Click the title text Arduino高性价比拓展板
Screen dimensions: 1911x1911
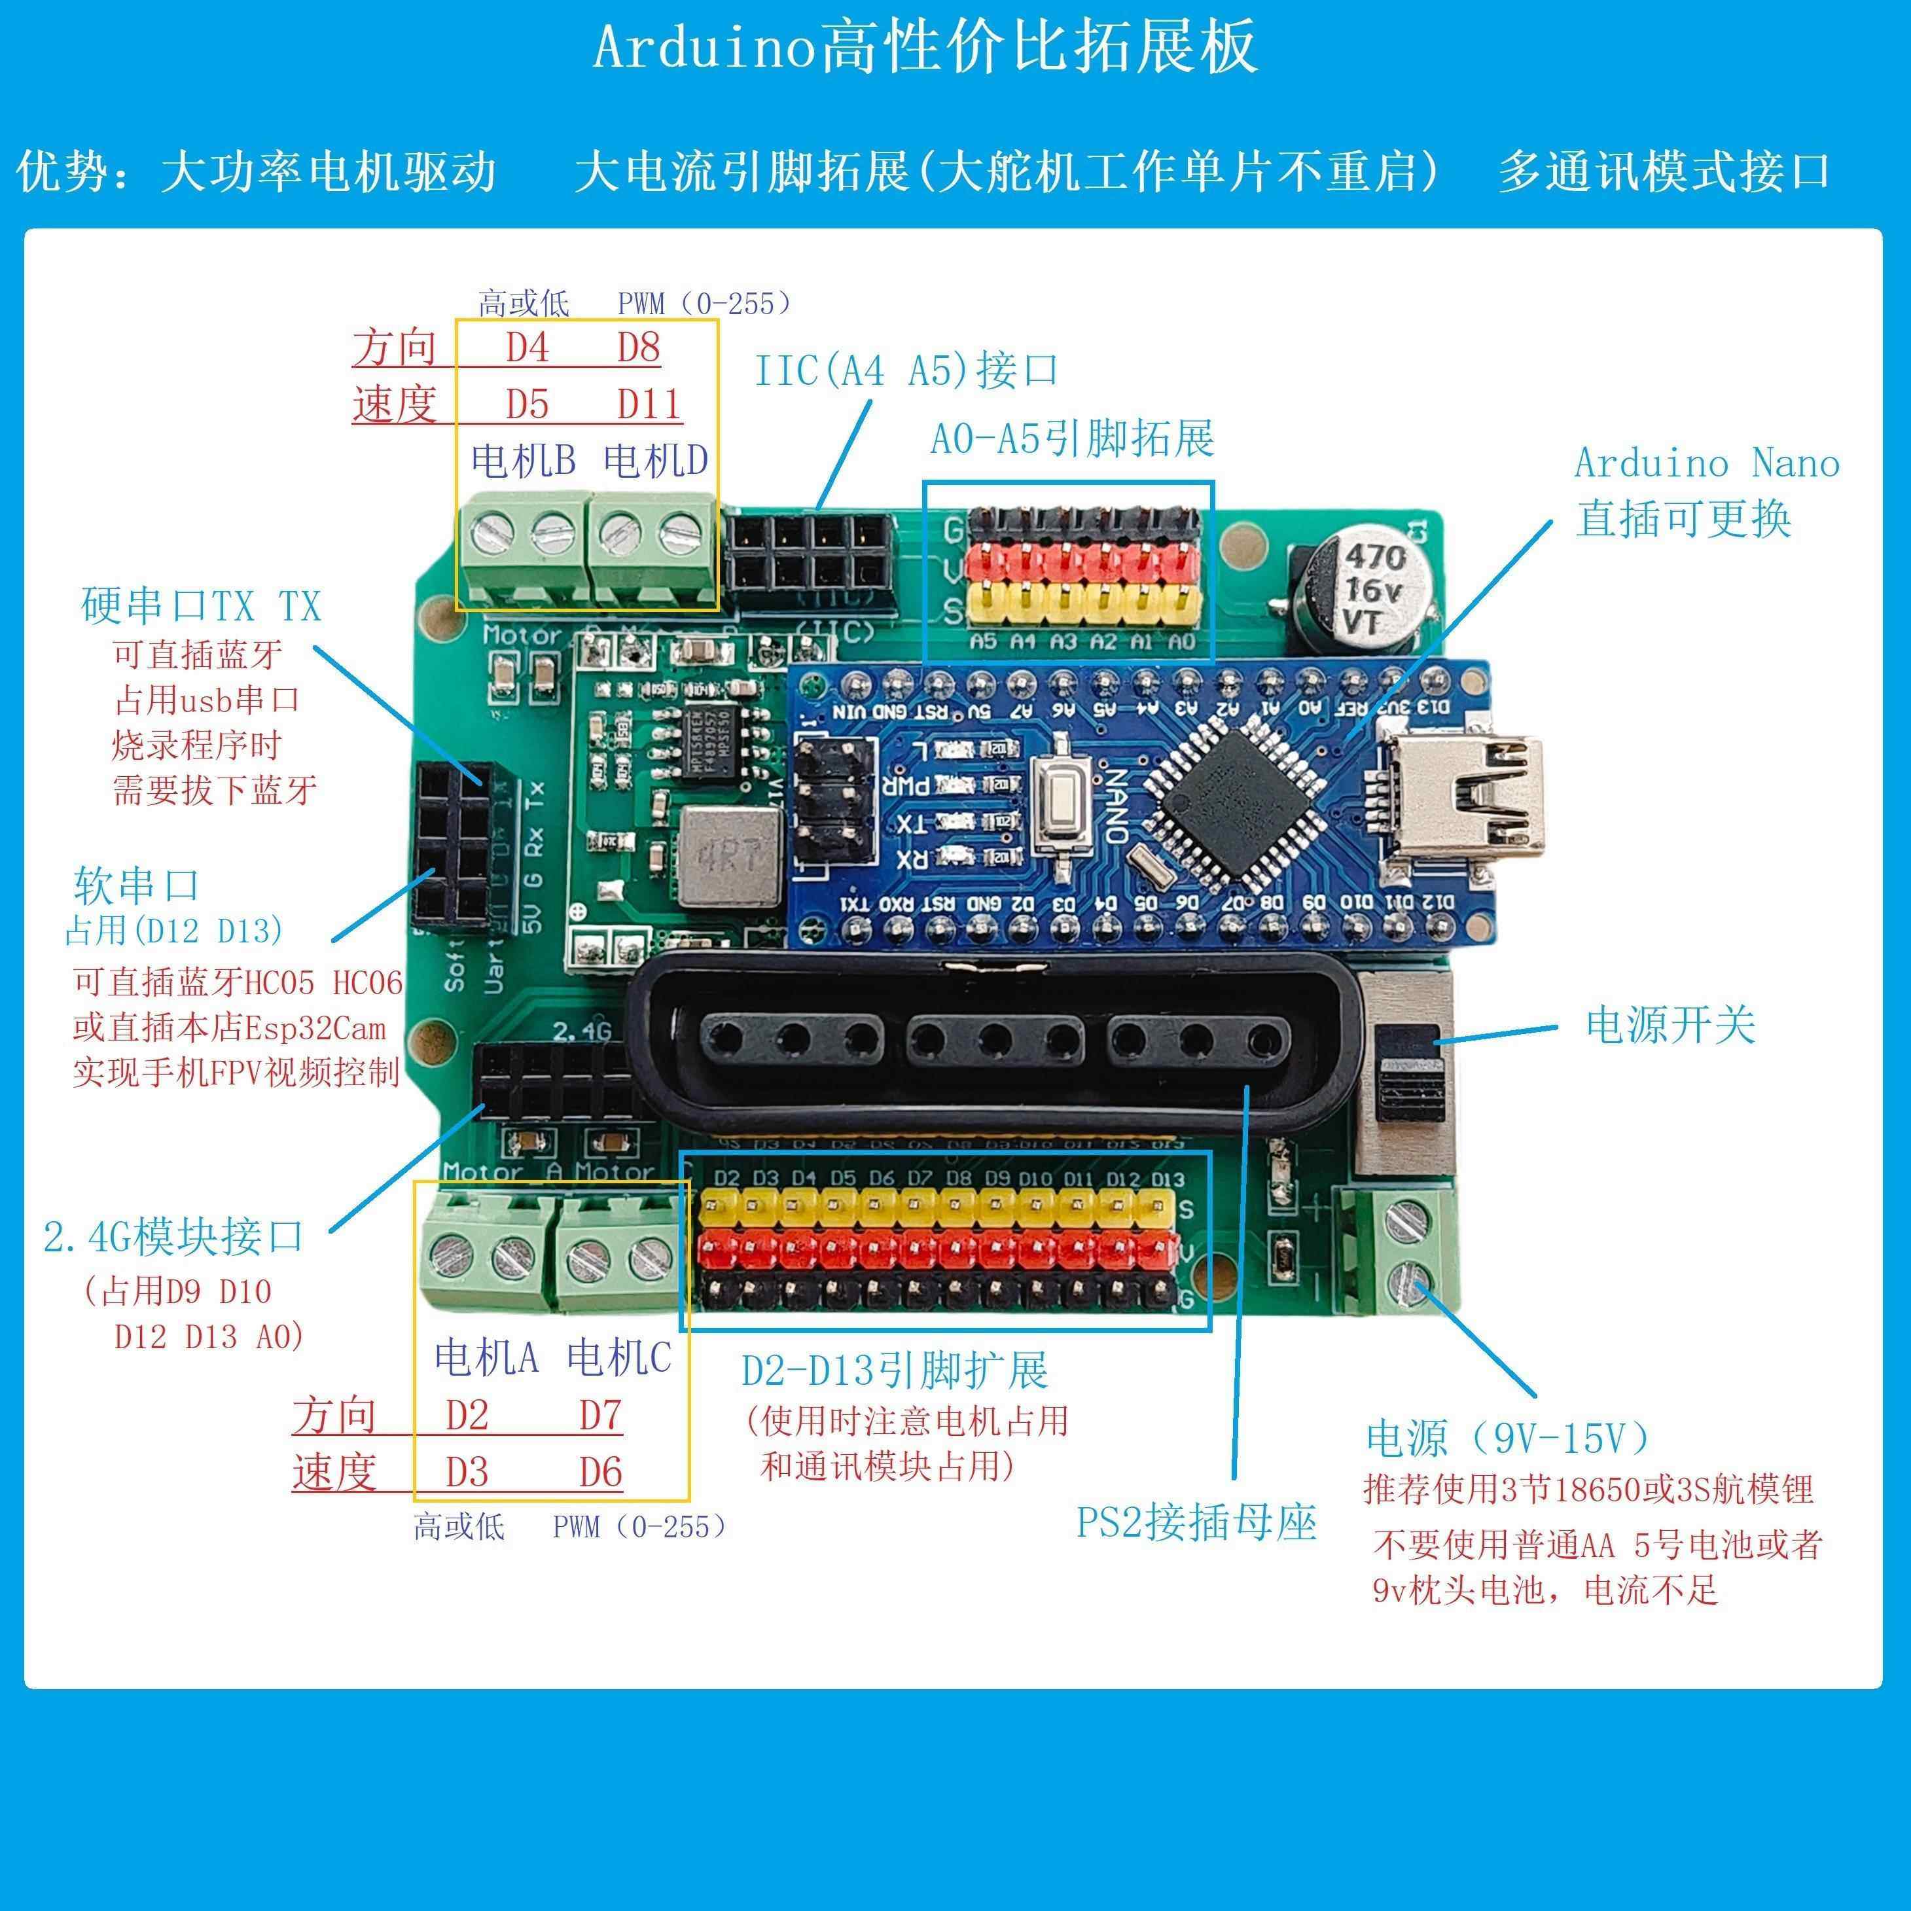[925, 46]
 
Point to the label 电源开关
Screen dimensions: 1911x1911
[1670, 1025]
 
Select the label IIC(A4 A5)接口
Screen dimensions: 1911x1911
[905, 371]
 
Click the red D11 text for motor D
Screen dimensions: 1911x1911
[649, 404]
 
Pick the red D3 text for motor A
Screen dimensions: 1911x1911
[467, 1473]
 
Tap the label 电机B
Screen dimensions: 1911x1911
[524, 460]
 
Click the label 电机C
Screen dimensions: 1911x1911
[619, 1358]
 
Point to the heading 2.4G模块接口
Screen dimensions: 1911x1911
[174, 1236]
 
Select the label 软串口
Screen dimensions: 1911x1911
[137, 885]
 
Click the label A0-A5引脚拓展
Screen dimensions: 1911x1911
[1072, 438]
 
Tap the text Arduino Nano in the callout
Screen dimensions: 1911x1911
[1706, 463]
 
